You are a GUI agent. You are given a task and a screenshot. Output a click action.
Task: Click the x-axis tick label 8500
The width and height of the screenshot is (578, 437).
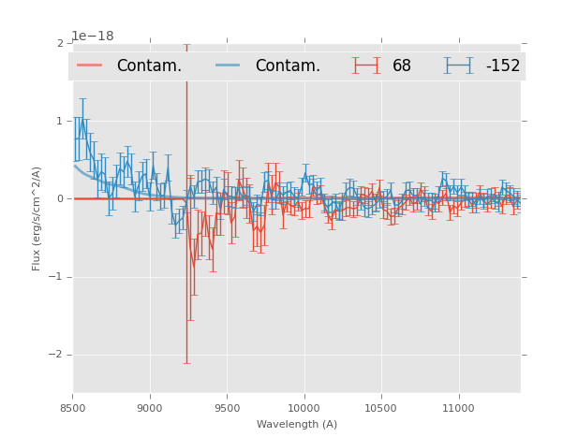point(73,408)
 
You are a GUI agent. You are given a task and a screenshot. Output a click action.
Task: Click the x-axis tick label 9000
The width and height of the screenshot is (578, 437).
point(150,408)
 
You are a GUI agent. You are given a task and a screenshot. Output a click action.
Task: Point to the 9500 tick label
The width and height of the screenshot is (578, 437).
point(227,408)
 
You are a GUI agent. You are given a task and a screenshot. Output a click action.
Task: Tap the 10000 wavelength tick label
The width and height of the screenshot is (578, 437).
point(304,408)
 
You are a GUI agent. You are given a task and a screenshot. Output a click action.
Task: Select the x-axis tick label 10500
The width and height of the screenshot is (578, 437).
point(380,408)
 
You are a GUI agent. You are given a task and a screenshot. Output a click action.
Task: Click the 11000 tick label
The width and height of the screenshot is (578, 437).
point(458,408)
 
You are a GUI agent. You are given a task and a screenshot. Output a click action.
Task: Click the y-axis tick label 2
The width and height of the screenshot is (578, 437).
point(60,43)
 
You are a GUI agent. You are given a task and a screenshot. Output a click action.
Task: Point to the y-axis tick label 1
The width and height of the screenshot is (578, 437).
point(60,121)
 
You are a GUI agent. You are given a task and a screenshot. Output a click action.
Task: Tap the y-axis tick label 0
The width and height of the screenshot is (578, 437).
point(60,198)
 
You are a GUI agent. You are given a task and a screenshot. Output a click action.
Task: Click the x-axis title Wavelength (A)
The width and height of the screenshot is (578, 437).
point(297,424)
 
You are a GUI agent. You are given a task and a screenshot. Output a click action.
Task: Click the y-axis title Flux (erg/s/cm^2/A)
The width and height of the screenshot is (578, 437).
point(37,218)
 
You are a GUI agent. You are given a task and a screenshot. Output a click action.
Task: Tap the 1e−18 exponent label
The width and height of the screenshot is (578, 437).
point(93,36)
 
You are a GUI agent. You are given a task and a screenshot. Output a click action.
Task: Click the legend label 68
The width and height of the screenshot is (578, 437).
point(402,66)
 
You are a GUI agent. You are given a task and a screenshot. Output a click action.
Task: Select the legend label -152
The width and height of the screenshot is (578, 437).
point(502,66)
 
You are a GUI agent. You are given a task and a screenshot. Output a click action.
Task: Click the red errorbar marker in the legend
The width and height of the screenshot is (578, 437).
point(366,66)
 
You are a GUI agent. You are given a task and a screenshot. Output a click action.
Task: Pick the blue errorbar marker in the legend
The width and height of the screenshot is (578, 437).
point(458,66)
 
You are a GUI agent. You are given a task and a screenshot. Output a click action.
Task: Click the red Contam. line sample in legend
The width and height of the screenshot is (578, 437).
point(90,66)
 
